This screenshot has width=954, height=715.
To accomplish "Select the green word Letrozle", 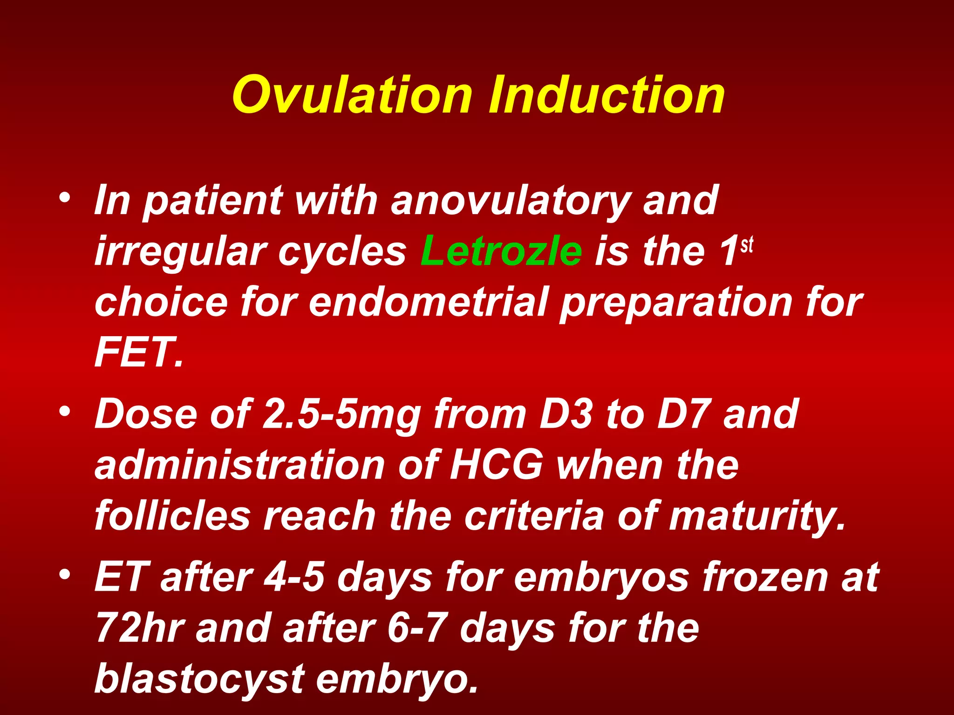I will [501, 251].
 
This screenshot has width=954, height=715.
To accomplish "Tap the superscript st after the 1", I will [747, 244].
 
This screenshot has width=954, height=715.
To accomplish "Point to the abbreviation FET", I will [137, 353].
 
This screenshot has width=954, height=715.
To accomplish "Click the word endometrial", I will [429, 303].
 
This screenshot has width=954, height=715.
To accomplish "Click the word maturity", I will [757, 517].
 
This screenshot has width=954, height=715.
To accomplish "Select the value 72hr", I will [140, 628].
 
